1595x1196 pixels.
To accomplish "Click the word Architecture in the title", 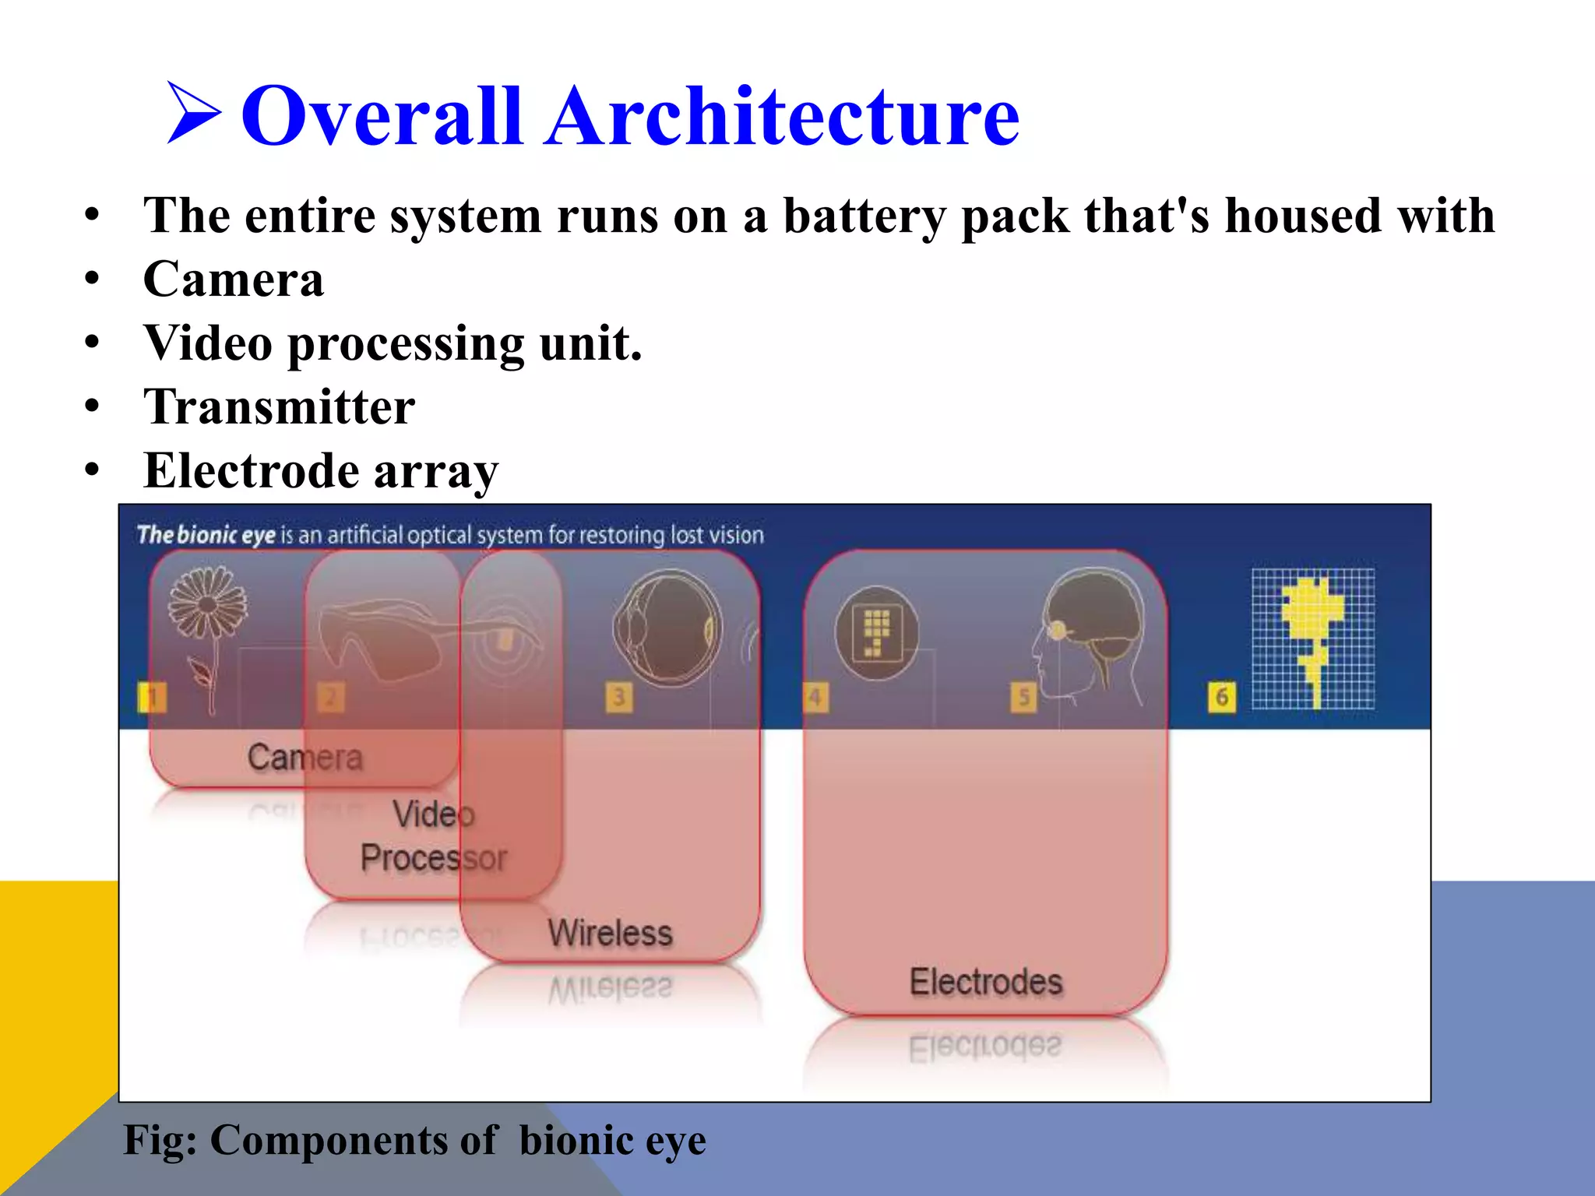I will (x=782, y=117).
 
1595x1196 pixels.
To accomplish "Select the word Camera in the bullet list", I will (x=233, y=280).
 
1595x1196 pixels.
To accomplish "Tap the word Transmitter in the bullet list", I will (x=279, y=407).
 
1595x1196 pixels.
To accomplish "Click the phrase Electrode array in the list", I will (x=320, y=471).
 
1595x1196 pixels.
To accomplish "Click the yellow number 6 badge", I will (x=1221, y=696).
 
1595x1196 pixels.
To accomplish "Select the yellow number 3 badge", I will (x=618, y=696).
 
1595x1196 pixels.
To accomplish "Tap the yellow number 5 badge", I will (x=1023, y=696).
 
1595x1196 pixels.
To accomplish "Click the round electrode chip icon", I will (x=876, y=632).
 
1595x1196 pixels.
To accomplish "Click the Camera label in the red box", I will (x=305, y=757).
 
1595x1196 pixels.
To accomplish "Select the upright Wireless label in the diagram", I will (x=610, y=933).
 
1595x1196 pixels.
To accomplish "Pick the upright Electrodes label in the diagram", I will (x=986, y=982).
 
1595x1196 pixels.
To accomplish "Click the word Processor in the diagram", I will (x=433, y=858).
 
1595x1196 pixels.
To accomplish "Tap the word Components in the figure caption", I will (x=353, y=1141).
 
